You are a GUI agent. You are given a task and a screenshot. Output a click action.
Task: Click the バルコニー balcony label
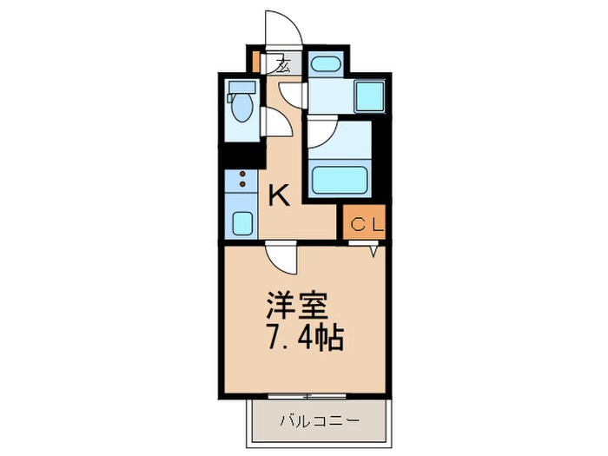tap(319, 421)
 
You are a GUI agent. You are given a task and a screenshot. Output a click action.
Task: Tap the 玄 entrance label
tap(284, 63)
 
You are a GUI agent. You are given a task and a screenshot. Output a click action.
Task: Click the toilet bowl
tap(241, 110)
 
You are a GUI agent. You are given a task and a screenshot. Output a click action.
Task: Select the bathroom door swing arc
tap(321, 131)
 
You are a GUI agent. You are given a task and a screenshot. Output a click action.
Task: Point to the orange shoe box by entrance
tap(255, 63)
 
